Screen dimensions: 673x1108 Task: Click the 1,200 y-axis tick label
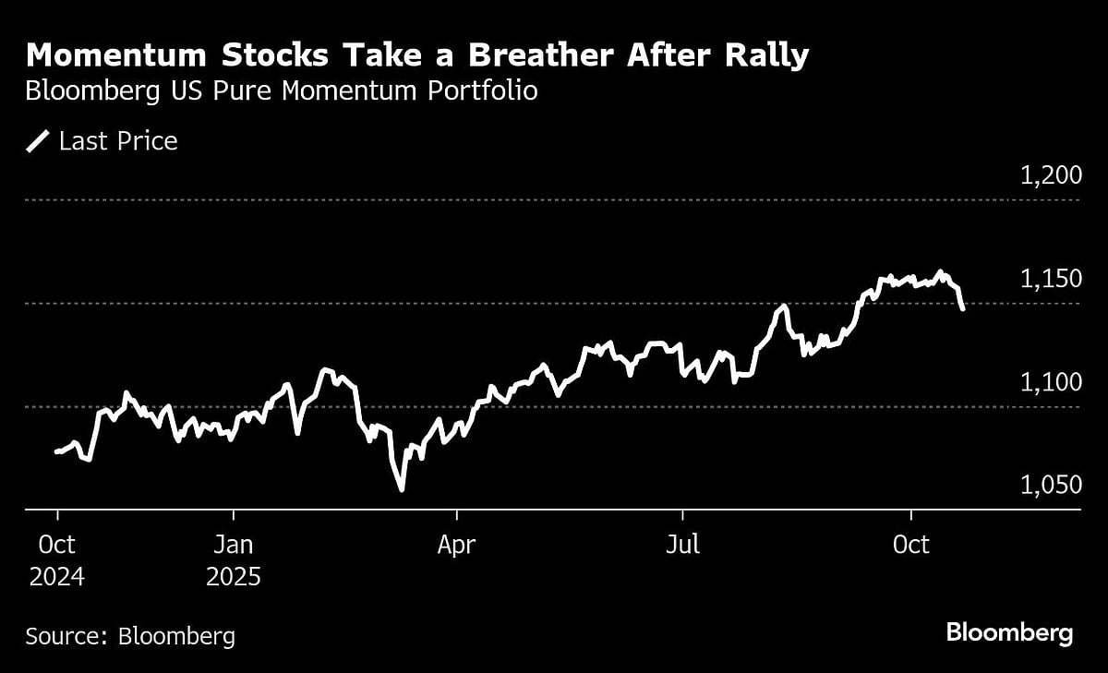(1051, 175)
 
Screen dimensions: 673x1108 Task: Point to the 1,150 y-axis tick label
(1051, 279)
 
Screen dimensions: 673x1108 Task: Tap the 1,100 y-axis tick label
(1051, 382)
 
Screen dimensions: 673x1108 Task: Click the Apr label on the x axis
(456, 546)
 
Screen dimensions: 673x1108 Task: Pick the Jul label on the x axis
(682, 546)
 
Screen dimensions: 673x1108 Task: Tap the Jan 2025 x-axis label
(233, 561)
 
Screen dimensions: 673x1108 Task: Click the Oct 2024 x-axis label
(57, 561)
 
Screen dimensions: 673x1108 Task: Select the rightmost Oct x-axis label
(910, 546)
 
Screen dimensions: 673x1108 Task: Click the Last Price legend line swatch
(38, 141)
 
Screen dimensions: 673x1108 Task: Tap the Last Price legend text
(118, 141)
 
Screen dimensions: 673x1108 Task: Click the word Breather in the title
(538, 56)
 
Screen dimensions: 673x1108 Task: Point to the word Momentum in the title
(115, 56)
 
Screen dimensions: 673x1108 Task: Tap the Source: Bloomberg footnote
(130, 636)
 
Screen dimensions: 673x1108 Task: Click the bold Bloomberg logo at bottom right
(1009, 633)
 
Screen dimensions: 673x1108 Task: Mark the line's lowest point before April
(402, 489)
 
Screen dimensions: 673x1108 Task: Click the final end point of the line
(963, 308)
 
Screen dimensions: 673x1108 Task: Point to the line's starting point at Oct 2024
(57, 451)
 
